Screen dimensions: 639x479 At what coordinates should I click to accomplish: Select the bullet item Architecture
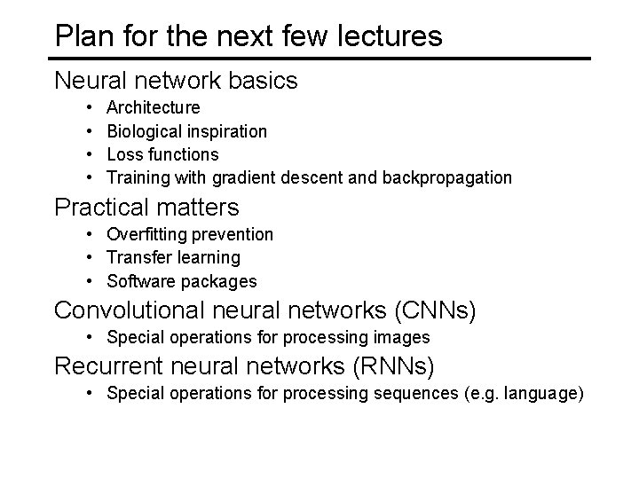tap(153, 108)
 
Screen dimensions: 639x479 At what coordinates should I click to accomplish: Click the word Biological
tap(145, 131)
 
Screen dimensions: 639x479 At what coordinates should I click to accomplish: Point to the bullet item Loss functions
tap(162, 154)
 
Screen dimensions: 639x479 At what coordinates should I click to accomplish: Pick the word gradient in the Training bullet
tap(241, 177)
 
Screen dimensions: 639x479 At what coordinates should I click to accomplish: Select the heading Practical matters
tap(146, 208)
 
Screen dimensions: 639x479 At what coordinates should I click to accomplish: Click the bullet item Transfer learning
tap(173, 257)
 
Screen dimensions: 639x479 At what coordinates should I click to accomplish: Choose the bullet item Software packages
tap(181, 281)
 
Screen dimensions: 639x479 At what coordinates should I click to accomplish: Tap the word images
tap(403, 337)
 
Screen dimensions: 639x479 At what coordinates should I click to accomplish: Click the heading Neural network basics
tap(176, 81)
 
